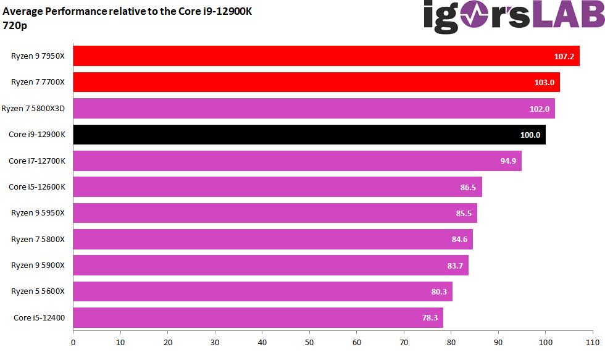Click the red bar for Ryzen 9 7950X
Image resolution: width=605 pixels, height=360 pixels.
326,56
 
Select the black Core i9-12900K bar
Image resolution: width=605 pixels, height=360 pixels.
309,135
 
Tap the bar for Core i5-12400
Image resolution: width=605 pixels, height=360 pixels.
258,318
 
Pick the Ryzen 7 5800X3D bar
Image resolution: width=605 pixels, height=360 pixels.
314,109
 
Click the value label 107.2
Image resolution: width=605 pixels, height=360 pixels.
564,56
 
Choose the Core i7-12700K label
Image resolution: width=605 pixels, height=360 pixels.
37,161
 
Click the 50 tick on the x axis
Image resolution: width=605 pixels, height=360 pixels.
309,341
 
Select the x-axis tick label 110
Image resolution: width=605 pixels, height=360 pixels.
593,341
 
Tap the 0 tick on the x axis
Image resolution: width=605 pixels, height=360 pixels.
73,341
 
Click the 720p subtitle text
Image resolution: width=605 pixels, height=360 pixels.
15,26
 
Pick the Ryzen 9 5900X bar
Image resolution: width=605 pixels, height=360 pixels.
270,266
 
